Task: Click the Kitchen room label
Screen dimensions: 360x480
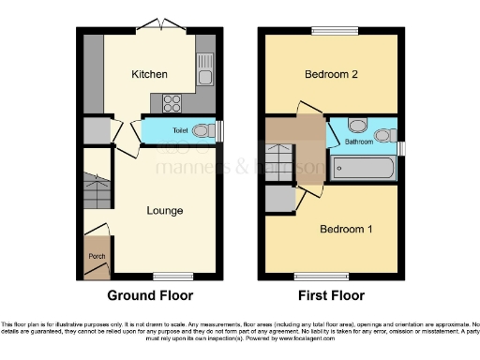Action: [x=149, y=74]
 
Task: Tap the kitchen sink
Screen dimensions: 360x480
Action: [x=205, y=67]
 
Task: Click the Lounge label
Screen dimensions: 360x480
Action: [x=164, y=210]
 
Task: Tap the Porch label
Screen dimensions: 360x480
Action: [x=95, y=256]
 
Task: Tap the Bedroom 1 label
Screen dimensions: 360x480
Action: [x=346, y=229]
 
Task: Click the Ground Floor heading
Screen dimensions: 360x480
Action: [x=150, y=295]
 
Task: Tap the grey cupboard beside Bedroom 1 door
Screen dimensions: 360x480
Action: [x=278, y=199]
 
